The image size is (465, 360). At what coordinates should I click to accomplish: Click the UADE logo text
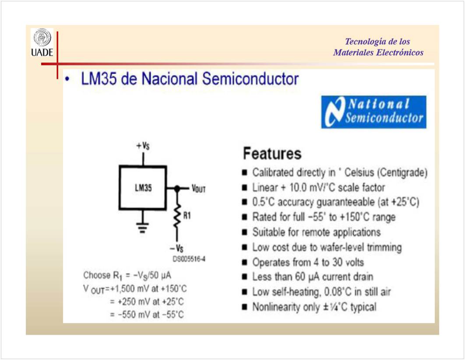[x=42, y=53]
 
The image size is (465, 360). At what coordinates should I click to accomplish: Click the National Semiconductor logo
[x=373, y=112]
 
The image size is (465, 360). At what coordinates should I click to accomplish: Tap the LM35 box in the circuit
[x=143, y=188]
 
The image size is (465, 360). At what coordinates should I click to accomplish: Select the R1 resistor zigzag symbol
[x=177, y=215]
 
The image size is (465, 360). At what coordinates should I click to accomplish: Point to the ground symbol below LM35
[x=142, y=227]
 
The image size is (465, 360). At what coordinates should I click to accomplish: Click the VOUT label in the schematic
[x=198, y=188]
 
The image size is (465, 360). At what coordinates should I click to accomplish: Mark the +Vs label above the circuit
[x=143, y=145]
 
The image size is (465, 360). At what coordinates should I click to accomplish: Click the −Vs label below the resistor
[x=176, y=248]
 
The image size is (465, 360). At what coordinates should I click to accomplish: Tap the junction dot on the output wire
[x=177, y=188]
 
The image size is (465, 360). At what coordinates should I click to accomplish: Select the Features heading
[x=272, y=153]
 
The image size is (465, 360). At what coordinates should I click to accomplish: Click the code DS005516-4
[x=189, y=259]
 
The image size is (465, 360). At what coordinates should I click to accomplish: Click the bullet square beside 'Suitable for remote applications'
[x=244, y=232]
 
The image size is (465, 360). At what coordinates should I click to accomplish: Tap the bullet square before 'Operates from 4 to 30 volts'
[x=244, y=262]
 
